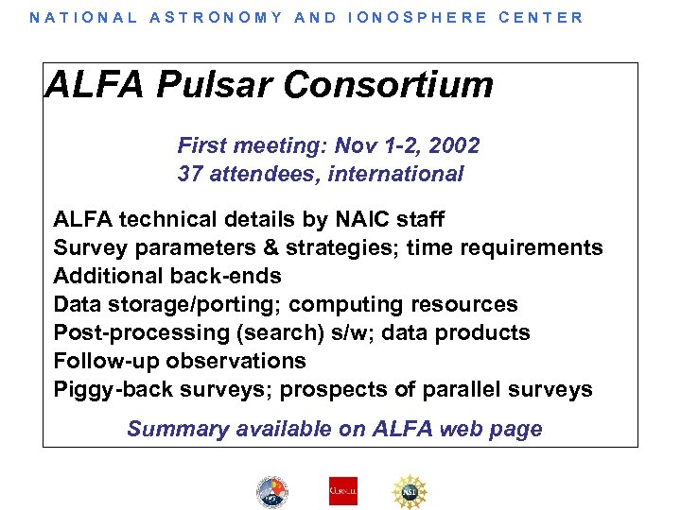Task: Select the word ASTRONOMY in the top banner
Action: [x=216, y=17]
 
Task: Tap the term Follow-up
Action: [x=106, y=361]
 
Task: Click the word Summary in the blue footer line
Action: [x=173, y=429]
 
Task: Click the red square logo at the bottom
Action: [x=342, y=490]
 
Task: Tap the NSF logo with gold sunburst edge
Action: [x=410, y=490]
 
